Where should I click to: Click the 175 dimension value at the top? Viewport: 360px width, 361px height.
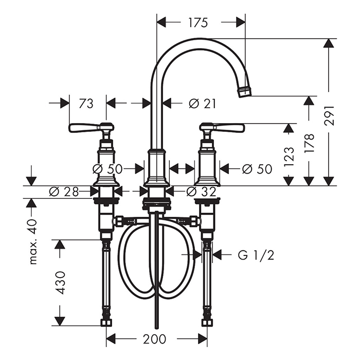198,23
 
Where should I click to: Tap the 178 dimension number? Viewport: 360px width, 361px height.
309,144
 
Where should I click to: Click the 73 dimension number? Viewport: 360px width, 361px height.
86,104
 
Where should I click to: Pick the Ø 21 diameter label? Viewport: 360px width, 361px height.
202,104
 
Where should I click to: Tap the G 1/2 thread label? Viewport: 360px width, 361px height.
256,255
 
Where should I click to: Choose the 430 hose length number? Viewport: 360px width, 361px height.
61,282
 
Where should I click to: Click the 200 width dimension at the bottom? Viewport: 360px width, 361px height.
155,339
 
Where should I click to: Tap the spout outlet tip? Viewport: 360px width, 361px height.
244,92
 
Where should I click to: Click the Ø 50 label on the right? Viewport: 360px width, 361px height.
257,168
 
